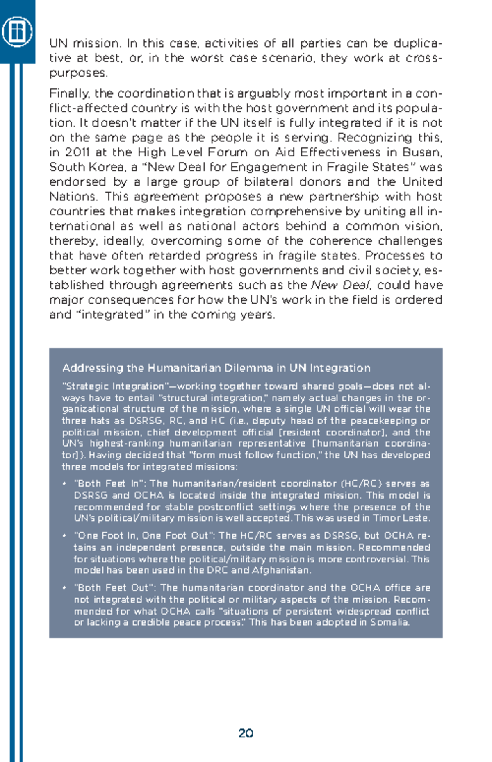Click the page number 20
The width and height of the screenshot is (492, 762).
(246, 733)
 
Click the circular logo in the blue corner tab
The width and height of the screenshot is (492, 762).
(17, 31)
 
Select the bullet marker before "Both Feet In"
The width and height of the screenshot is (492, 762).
(65, 484)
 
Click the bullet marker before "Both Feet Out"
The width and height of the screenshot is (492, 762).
(65, 588)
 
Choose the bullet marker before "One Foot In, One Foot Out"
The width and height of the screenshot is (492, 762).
(65, 536)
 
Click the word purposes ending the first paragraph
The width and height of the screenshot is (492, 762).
(78, 73)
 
